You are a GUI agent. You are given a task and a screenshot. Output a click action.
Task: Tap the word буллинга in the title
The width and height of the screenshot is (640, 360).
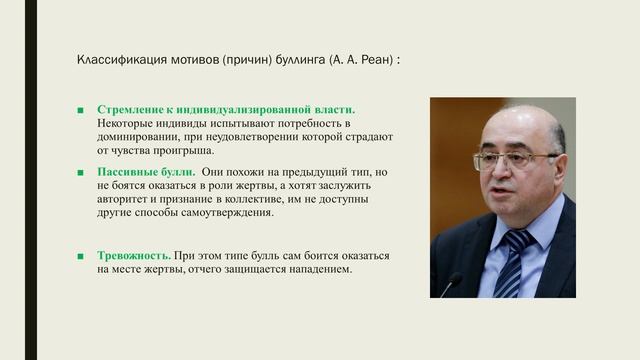(x=297, y=60)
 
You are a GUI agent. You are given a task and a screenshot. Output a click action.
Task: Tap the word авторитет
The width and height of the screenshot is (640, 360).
(x=127, y=199)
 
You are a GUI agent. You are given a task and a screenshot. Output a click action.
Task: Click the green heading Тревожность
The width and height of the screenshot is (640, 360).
(x=133, y=255)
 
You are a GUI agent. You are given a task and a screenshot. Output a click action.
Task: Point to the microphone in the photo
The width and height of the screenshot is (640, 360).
(x=451, y=285)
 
